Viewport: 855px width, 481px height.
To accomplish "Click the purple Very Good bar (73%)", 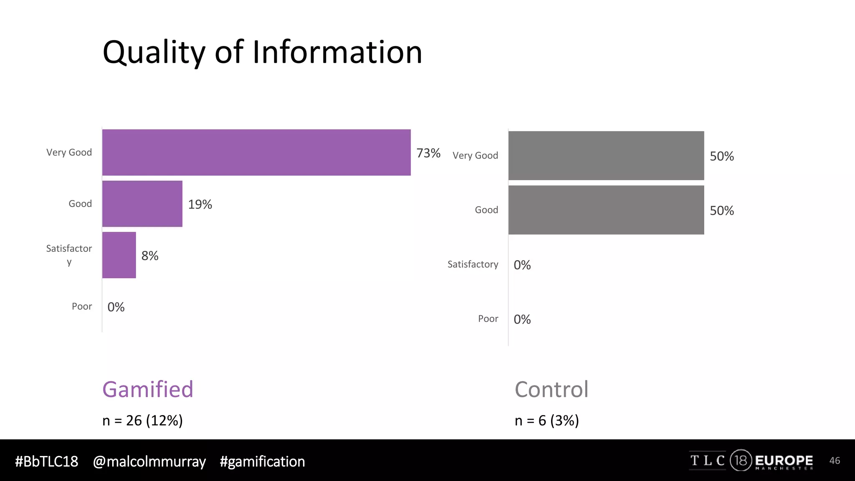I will [256, 152].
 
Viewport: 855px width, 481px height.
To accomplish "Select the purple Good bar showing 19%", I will [142, 204].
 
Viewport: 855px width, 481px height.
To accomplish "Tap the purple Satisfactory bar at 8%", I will [119, 255].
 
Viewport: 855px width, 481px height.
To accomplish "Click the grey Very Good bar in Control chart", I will [606, 156].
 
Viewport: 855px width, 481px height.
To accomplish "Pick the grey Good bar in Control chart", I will [606, 210].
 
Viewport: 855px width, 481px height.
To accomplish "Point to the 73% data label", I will [428, 153].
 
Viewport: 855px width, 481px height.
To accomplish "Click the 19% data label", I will [200, 205].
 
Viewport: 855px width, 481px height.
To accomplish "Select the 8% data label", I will [150, 256].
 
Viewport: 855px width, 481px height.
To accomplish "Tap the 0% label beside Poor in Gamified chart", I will [116, 307].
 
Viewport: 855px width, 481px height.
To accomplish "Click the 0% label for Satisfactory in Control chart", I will [522, 265].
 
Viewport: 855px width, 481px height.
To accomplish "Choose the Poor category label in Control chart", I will [488, 319].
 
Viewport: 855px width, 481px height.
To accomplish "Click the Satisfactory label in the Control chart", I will [473, 264].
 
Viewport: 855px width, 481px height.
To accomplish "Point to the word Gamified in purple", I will [148, 390].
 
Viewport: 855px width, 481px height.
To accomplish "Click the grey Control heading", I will [551, 390].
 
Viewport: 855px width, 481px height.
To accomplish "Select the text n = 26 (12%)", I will [142, 420].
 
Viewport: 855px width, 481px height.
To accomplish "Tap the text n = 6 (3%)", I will [546, 420].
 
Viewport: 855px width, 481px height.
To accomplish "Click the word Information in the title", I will [337, 52].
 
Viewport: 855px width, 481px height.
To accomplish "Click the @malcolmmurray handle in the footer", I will [149, 462].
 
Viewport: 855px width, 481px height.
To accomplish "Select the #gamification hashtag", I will [262, 462].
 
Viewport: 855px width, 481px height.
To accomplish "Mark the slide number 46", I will [835, 461].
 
